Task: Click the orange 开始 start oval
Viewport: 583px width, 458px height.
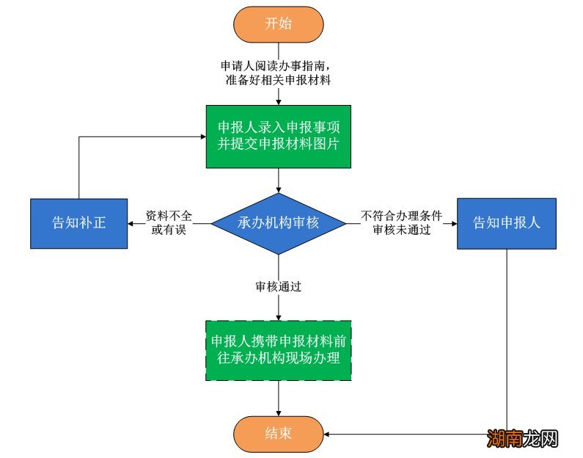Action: tap(278, 23)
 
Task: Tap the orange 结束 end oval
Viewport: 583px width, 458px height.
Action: tap(278, 433)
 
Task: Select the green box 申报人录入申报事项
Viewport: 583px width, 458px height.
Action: tap(278, 135)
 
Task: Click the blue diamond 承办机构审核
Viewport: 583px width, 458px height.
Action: tap(278, 222)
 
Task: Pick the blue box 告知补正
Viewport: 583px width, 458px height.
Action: tap(78, 223)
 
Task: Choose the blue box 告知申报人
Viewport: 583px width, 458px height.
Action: tap(506, 223)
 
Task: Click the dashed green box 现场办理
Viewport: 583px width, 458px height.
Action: tap(278, 350)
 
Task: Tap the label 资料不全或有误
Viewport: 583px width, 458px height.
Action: tap(169, 222)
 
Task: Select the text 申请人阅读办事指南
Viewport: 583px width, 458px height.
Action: tap(278, 66)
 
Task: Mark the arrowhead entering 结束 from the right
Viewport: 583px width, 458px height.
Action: tap(328, 434)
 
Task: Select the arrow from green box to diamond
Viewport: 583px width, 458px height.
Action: tap(278, 181)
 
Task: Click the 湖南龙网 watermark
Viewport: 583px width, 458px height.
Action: tap(523, 439)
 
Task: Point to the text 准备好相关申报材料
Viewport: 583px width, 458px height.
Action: tap(278, 80)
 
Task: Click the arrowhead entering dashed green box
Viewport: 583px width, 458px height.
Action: tap(278, 316)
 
